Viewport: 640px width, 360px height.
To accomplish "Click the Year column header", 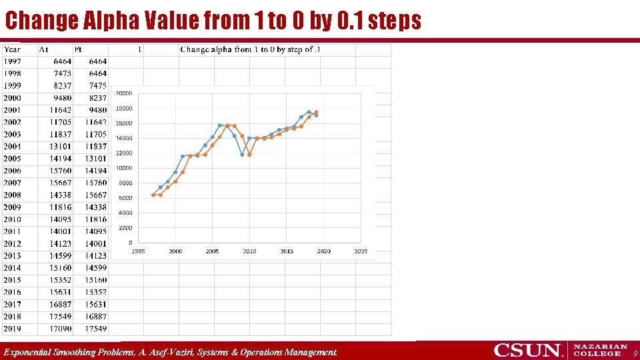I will pos(12,49).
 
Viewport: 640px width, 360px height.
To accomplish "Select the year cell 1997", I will pos(12,61).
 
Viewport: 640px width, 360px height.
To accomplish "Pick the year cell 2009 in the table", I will pos(12,207).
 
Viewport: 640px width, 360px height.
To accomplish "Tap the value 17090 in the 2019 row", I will pos(61,329).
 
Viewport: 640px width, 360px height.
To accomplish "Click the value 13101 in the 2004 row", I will pos(61,147).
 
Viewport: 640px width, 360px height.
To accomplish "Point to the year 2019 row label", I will pos(12,329).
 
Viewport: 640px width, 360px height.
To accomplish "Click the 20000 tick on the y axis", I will pos(124,93).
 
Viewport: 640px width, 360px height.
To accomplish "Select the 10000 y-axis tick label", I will pos(124,168).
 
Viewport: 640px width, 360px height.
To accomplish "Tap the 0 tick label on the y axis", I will pos(130,243).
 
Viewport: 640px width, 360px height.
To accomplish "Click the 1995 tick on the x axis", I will pos(138,251).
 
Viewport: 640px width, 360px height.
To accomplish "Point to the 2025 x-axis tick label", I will pos(361,251).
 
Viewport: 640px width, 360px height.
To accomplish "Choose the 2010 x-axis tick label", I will pos(249,251).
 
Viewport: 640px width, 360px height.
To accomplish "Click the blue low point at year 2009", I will pos(242,154).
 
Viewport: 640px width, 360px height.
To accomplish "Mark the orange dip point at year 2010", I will pos(249,154).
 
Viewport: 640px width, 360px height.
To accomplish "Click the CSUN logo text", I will pos(528,350).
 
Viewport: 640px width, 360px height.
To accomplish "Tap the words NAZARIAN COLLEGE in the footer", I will pos(600,350).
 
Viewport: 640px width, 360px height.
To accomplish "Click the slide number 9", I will pos(635,353).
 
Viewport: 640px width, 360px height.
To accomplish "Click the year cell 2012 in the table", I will pos(12,244).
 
